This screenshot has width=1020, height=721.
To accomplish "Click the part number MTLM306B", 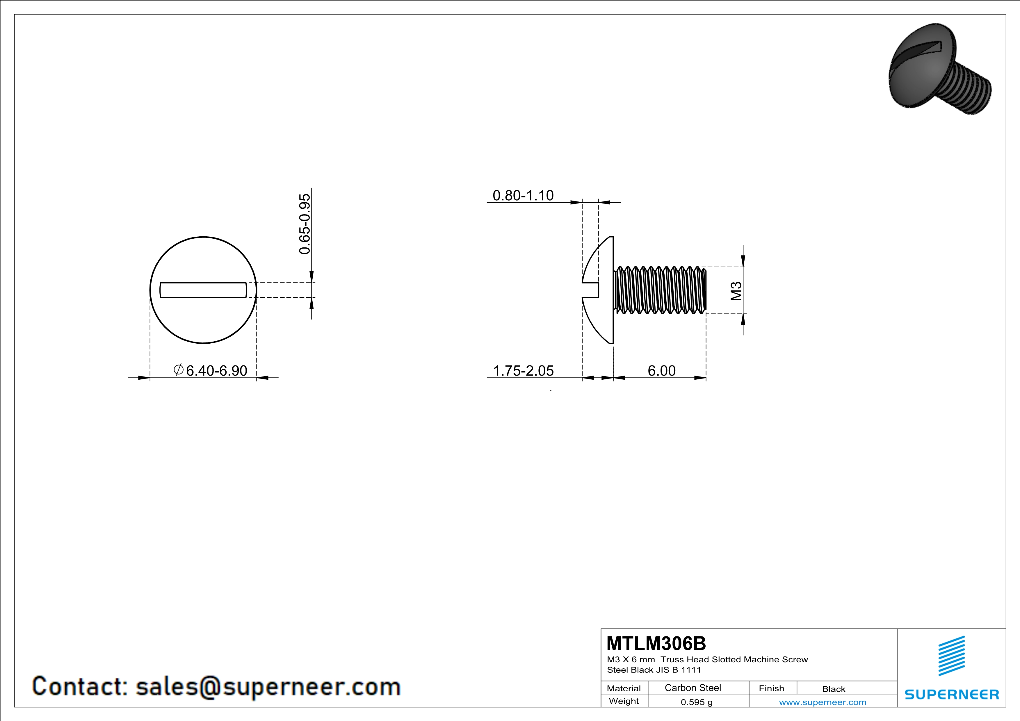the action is [656, 643].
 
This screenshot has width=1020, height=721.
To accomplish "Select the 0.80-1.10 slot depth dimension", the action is [523, 195].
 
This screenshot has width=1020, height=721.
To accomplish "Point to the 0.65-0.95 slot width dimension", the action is [305, 224].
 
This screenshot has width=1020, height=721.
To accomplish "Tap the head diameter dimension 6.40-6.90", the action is [216, 370].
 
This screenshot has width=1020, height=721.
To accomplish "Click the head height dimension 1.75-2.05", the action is [523, 370].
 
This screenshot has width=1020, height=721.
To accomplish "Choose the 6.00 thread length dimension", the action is [661, 370].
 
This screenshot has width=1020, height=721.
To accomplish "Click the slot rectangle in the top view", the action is [203, 290].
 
